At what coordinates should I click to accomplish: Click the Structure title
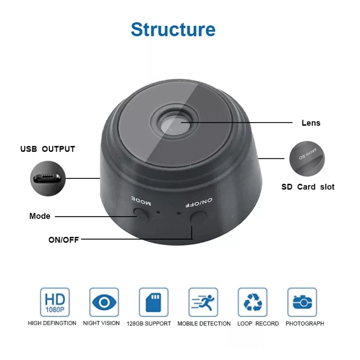tap(173, 30)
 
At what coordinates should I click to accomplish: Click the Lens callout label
tap(311, 123)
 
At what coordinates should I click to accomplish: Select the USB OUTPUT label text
tap(48, 149)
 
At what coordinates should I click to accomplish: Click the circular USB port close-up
tap(48, 179)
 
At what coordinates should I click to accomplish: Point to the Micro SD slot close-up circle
tap(307, 159)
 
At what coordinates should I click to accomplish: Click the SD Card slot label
tap(308, 187)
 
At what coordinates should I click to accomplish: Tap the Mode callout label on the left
tap(40, 216)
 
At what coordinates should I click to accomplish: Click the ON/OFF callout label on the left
tap(64, 240)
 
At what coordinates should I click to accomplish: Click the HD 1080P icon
tap(55, 302)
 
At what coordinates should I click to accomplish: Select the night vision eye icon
tap(104, 302)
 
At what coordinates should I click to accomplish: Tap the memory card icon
tap(154, 302)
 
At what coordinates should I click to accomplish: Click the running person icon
tap(203, 302)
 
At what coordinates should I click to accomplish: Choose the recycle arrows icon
tap(253, 302)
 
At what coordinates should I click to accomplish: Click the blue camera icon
tap(302, 302)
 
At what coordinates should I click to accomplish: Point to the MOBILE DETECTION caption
tap(204, 324)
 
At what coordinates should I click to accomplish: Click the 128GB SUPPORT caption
tap(149, 324)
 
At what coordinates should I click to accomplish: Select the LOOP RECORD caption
tap(258, 324)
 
